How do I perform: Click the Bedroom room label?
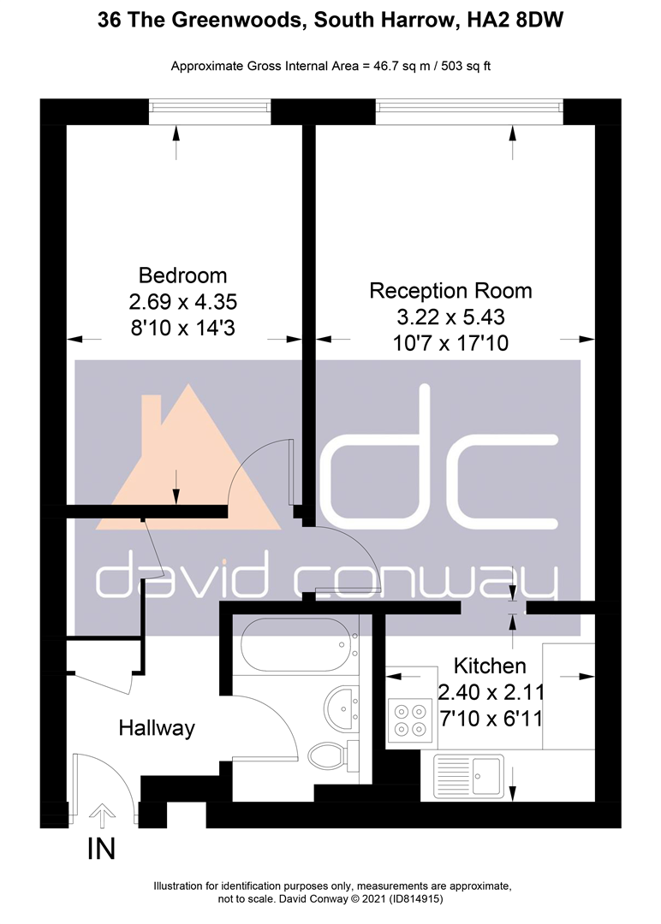(182, 275)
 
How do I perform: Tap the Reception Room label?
(450, 291)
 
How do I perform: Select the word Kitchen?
(490, 666)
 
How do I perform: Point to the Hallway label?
(156, 728)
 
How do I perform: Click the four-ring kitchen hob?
(410, 720)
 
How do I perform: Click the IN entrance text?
(101, 850)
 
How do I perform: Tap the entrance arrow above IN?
(102, 816)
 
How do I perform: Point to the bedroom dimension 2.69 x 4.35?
(182, 302)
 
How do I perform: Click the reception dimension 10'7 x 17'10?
(450, 343)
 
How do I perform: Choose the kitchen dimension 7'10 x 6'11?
(491, 719)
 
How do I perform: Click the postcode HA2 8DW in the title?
(515, 21)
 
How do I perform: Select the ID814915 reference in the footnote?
(415, 899)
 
